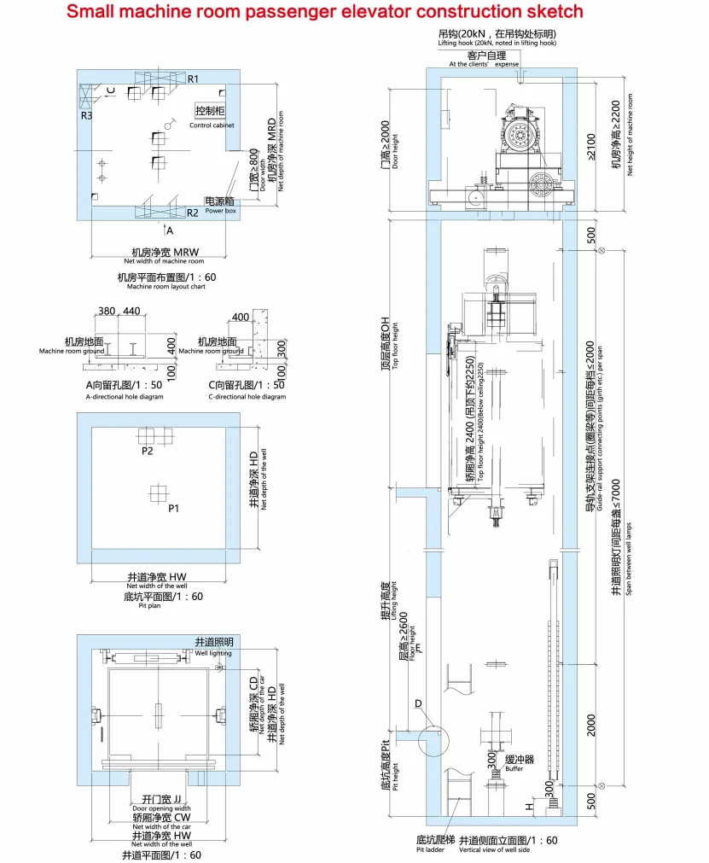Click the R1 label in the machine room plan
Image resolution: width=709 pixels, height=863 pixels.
pyautogui.click(x=194, y=79)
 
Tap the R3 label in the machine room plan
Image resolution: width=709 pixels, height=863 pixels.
pyautogui.click(x=87, y=115)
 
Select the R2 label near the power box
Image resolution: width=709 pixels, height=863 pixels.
pyautogui.click(x=193, y=213)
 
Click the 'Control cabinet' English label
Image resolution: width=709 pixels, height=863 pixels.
pyautogui.click(x=212, y=125)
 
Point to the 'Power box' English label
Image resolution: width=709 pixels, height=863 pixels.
pyautogui.click(x=219, y=210)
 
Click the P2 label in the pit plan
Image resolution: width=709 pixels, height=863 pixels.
pyautogui.click(x=148, y=450)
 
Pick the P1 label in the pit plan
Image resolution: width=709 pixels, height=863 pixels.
pyautogui.click(x=173, y=508)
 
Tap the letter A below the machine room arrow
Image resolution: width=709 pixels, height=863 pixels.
pyautogui.click(x=169, y=230)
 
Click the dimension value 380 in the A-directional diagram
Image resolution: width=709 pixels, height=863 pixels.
pyautogui.click(x=107, y=311)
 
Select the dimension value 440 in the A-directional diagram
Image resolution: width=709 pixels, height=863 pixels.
pyautogui.click(x=131, y=311)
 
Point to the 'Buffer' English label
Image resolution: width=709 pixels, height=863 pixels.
pyautogui.click(x=514, y=769)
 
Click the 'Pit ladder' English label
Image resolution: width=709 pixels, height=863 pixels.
pyautogui.click(x=430, y=849)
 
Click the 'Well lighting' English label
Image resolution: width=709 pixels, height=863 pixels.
pyautogui.click(x=213, y=653)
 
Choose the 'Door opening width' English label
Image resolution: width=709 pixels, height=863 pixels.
pyautogui.click(x=161, y=808)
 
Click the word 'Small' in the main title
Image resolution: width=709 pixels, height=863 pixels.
pyautogui.click(x=93, y=12)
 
